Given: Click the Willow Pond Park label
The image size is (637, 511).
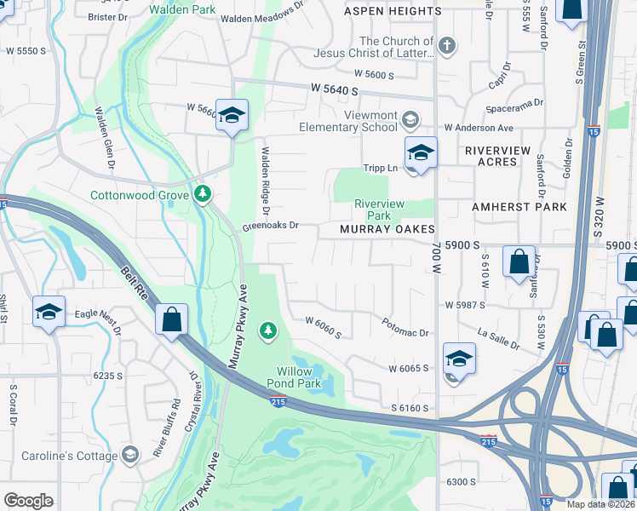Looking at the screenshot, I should [298, 377].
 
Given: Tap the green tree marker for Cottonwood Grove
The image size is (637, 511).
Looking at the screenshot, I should [203, 195].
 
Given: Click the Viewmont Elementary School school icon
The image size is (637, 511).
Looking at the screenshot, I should [411, 118].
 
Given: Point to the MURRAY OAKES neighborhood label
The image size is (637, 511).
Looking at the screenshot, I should [387, 230].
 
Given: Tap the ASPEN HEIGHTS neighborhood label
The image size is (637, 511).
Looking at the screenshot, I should [393, 11].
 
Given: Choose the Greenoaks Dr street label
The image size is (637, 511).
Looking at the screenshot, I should [270, 226].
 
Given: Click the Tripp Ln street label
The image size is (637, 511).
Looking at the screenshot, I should [381, 168].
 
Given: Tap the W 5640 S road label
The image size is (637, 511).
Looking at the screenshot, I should [339, 88].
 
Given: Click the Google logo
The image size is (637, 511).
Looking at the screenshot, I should [28, 501].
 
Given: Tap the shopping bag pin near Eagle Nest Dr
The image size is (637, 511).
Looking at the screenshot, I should [172, 321].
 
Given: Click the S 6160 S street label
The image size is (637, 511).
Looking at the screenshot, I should [410, 409].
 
